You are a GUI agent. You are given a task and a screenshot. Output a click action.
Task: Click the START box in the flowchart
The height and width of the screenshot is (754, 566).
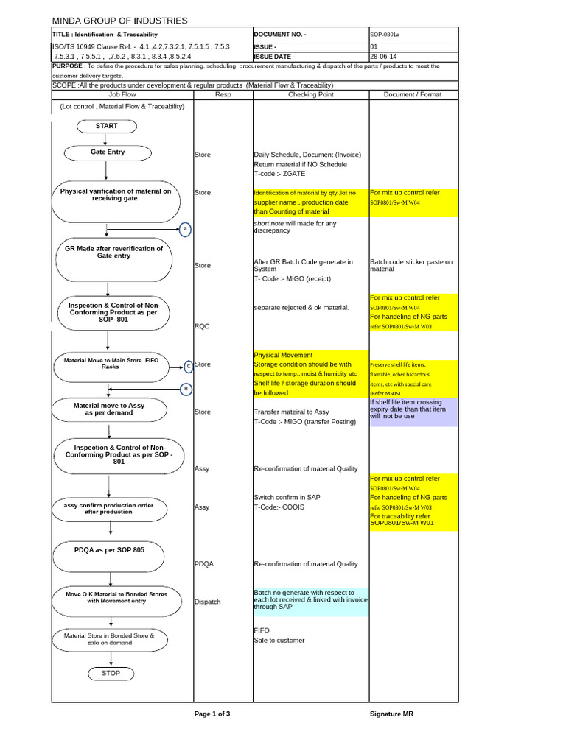(107, 126)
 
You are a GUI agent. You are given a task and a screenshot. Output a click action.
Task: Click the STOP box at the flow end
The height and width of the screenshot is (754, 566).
(111, 673)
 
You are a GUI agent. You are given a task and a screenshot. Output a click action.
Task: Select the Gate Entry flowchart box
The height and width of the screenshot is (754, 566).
(108, 152)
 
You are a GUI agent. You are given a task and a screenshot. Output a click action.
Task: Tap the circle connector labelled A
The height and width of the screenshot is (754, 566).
(185, 230)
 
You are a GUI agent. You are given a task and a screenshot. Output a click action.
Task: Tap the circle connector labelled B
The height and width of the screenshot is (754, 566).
(186, 388)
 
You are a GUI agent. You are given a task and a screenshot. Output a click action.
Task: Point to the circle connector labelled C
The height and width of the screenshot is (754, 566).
(188, 365)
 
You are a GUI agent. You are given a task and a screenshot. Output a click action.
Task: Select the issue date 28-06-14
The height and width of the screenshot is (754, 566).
(383, 56)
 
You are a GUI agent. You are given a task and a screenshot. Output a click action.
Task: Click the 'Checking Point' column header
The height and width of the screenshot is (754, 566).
(310, 94)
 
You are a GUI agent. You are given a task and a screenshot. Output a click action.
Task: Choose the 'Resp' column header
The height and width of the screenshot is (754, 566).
(223, 94)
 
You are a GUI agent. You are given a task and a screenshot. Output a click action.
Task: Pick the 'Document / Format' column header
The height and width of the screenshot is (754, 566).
(413, 94)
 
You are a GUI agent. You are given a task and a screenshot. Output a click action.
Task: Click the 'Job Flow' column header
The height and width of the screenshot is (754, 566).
(122, 94)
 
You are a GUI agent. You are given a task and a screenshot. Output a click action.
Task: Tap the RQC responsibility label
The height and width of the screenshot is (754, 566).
(202, 325)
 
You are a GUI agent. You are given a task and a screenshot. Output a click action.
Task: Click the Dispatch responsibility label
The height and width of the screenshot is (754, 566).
(207, 602)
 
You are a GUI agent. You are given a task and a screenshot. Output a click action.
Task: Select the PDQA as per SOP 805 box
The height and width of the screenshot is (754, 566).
(109, 551)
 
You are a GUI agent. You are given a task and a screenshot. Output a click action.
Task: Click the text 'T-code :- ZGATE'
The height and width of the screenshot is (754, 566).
(279, 174)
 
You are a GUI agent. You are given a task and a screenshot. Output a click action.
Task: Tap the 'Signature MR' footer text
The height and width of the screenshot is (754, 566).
(396, 714)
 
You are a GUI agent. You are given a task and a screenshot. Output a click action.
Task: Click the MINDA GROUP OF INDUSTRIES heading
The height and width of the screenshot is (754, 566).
(119, 21)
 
